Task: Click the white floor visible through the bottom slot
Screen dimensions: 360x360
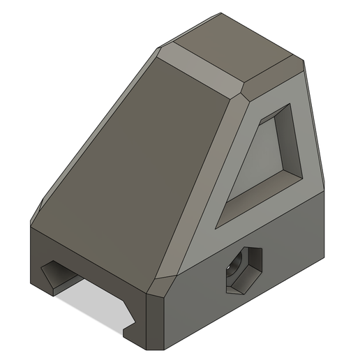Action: click(x=91, y=303)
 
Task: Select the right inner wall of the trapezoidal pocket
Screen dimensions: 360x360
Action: click(x=292, y=136)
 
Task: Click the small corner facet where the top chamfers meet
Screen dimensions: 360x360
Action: click(x=244, y=91)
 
